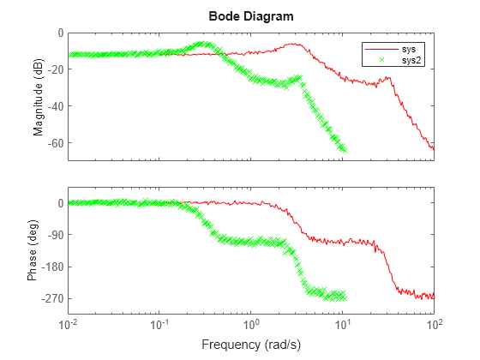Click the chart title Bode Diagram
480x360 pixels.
tap(251, 16)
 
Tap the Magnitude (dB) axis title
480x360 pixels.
tap(39, 96)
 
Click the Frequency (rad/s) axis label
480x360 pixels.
tap(251, 345)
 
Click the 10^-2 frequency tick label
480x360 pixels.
tap(69, 325)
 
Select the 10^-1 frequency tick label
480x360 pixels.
tap(160, 325)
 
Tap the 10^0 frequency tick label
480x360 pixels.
tap(252, 325)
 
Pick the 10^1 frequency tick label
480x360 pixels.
tap(343, 325)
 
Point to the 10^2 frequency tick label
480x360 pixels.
tap(435, 325)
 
